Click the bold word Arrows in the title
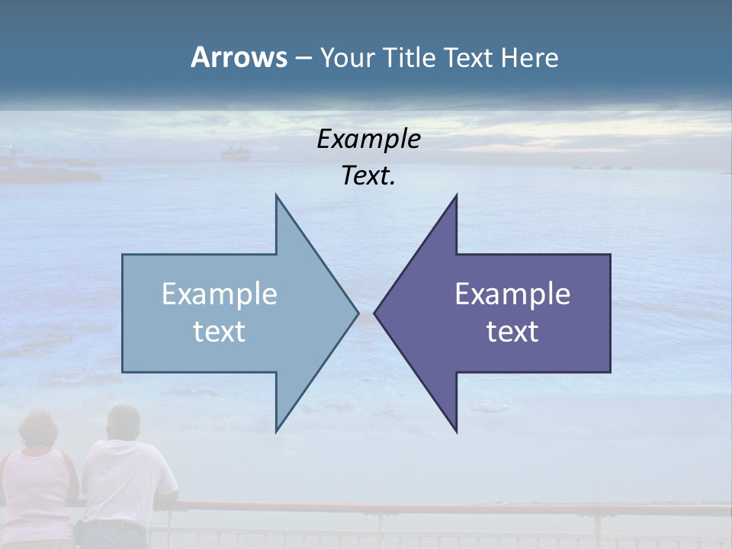click(239, 57)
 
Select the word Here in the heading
click(529, 58)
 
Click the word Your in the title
click(347, 59)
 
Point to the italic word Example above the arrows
click(368, 140)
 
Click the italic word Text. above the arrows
click(368, 176)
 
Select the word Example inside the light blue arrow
click(220, 294)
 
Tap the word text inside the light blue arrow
click(220, 332)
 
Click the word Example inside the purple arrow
click(512, 294)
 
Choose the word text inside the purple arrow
click(512, 332)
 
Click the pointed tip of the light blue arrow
click(357, 313)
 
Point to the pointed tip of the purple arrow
click(376, 313)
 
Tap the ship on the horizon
click(235, 154)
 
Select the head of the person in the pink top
click(38, 431)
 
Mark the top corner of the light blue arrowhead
click(277, 197)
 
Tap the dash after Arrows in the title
click(303, 59)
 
